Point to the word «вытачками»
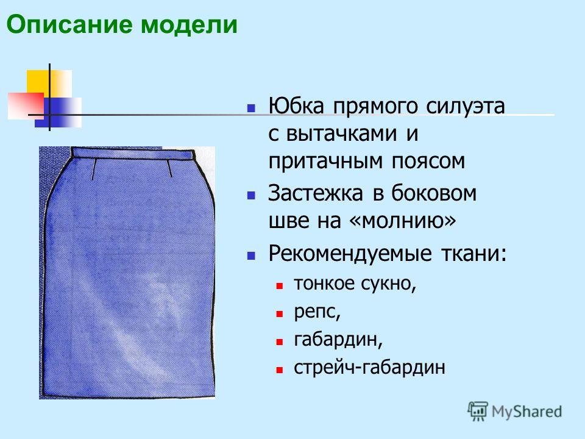coord(341,134)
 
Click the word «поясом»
coord(428,162)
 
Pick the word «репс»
coord(317,312)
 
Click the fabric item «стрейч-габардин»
coord(369,367)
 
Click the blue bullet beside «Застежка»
coord(251,196)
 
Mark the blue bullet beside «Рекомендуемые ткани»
coord(251,256)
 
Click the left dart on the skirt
coord(94,170)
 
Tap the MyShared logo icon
coord(478,412)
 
